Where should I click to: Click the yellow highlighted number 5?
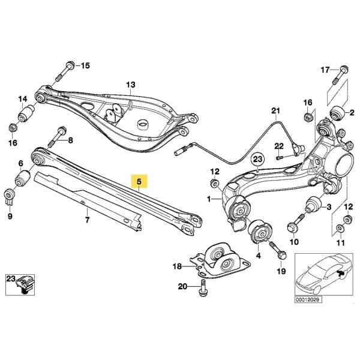139,180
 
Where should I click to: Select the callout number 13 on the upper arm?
131,86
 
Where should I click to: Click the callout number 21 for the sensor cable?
275,111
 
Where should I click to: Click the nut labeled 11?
340,227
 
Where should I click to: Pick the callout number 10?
294,242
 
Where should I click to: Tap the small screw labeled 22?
280,157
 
